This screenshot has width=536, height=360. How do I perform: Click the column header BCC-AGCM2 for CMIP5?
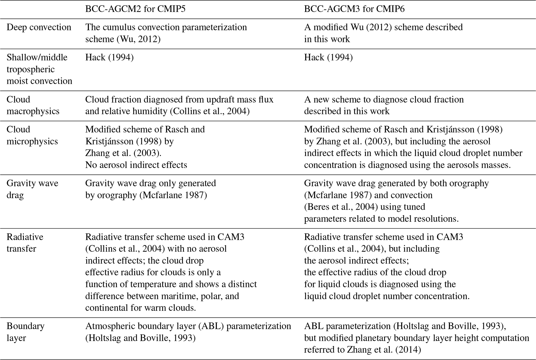pos(135,9)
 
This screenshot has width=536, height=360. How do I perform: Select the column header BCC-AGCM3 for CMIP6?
pos(354,9)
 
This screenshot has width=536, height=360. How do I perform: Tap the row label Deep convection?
pos(39,27)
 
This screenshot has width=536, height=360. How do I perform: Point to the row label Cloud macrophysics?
pos(33,105)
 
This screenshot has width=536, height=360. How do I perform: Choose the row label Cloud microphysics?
pos(32,135)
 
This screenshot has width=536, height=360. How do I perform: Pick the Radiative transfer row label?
pos(25,243)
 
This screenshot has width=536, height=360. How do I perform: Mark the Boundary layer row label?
pos(25,332)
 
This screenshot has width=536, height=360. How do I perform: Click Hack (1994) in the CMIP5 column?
pos(109,57)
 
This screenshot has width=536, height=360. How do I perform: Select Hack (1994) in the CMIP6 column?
pos(328,57)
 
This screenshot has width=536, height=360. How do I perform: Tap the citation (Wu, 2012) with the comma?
pos(138,39)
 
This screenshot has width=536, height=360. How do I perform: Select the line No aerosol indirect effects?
pos(136,165)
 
